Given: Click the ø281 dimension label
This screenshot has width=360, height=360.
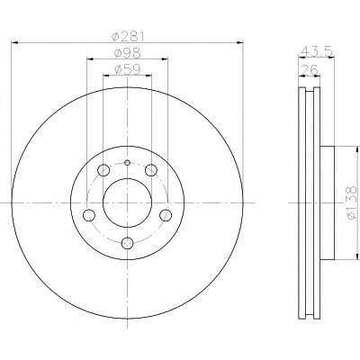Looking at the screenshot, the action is click(128, 37).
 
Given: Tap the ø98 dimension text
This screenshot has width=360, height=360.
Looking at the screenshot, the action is click(128, 53).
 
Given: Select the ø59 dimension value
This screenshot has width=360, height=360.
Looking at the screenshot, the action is click(128, 70).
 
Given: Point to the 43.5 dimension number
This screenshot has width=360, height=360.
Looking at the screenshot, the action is click(317, 51).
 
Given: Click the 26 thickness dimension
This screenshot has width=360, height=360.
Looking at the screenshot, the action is click(310, 70).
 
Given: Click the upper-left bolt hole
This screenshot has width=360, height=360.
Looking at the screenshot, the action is click(103, 170).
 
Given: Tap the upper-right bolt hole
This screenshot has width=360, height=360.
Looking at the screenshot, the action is click(151, 170).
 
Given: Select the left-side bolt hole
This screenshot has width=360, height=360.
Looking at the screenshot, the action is click(89, 215).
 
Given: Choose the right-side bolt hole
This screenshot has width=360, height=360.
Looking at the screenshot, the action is click(166, 215).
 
